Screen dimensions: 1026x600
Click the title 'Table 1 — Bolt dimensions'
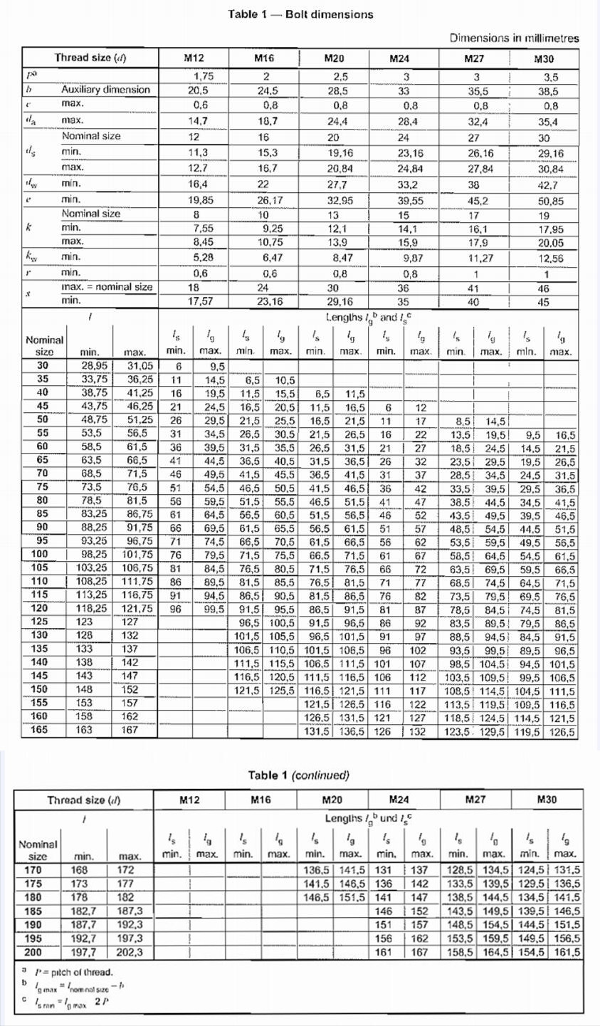[300, 14]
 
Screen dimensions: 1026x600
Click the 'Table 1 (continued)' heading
[299, 775]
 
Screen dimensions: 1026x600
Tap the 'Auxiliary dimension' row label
[106, 90]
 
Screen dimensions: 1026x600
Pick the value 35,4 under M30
[548, 122]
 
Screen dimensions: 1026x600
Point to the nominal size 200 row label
[38, 951]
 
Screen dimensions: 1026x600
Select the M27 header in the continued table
[475, 800]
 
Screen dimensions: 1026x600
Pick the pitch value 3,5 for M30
[551, 77]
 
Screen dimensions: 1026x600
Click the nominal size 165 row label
[38, 731]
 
